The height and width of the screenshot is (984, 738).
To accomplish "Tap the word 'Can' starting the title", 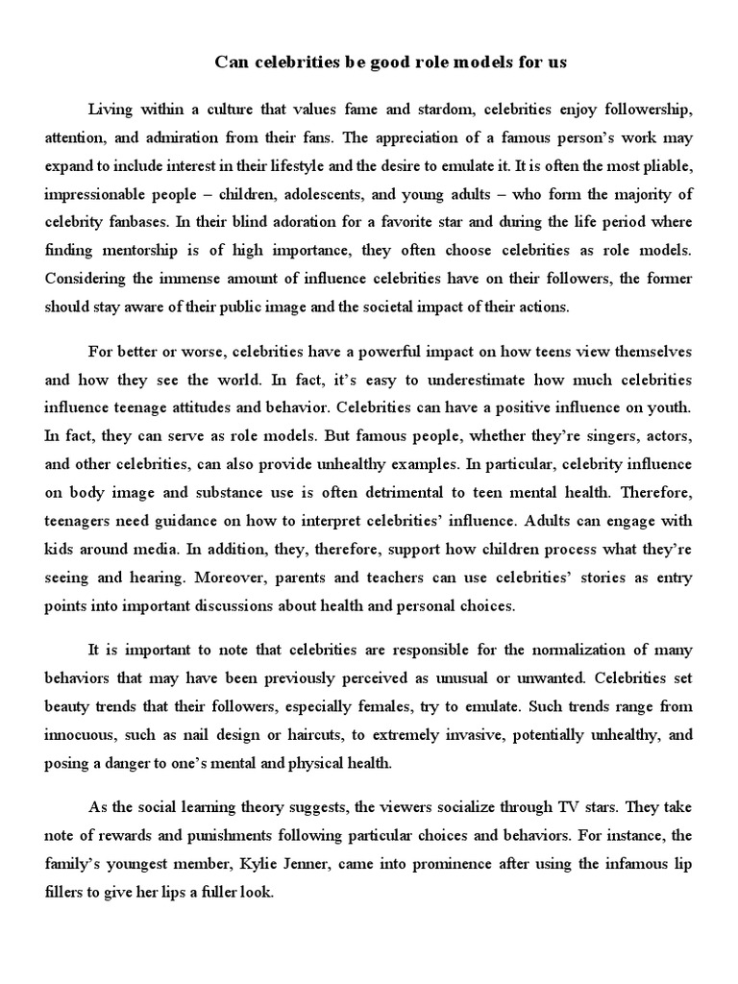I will click(x=232, y=62).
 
